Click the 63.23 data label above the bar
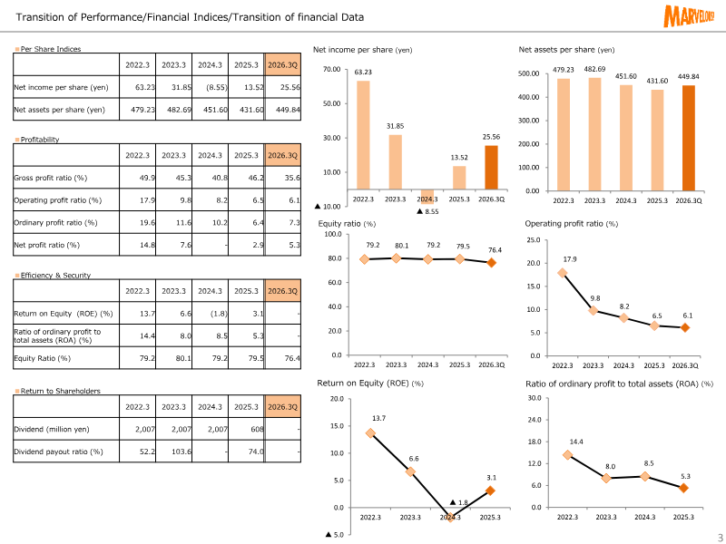coord(363,72)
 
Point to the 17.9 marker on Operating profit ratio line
coord(563,272)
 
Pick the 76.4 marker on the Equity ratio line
coord(491,263)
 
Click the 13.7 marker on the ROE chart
coord(370,433)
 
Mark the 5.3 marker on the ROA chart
coord(683,488)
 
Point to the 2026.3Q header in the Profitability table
coord(283,156)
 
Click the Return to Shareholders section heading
coord(60,392)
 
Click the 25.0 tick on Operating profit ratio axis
coord(533,240)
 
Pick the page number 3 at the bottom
coord(719,536)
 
